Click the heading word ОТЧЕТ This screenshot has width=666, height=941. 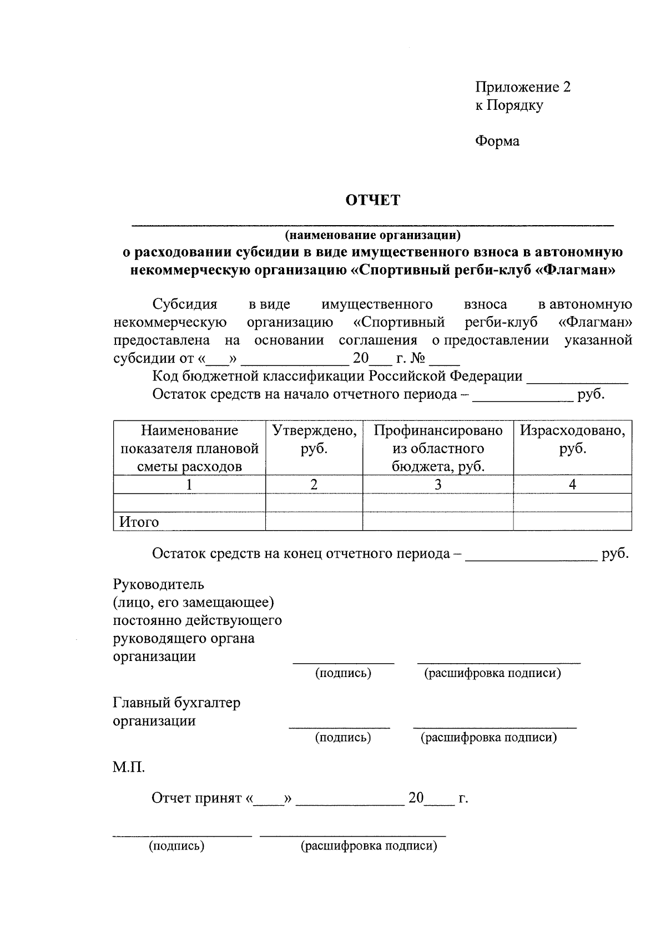373,200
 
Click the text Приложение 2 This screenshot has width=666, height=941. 522,87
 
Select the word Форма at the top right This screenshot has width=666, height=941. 497,141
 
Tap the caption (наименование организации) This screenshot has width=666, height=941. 372,235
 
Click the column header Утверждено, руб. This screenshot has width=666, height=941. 314,439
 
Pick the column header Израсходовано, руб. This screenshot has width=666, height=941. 572,439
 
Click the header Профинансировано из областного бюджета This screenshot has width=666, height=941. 438,448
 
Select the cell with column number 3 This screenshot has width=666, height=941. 438,485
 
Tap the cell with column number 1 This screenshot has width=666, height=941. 189,485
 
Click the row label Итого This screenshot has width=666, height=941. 139,522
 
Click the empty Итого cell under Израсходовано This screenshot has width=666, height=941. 572,521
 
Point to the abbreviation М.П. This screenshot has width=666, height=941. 129,768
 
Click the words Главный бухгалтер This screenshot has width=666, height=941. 176,703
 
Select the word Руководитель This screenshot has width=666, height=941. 158,584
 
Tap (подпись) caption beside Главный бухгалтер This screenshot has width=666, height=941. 343,737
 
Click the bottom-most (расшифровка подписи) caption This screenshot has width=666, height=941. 369,846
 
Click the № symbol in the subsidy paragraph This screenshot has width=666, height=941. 418,359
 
